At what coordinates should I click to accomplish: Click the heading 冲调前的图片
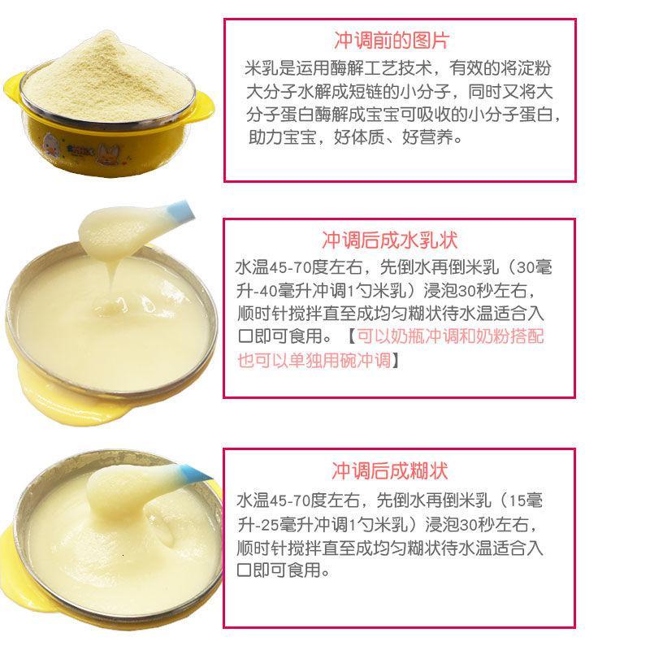(x=392, y=41)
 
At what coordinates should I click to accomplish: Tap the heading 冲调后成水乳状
(x=390, y=240)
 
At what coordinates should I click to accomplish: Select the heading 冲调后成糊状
(x=390, y=471)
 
